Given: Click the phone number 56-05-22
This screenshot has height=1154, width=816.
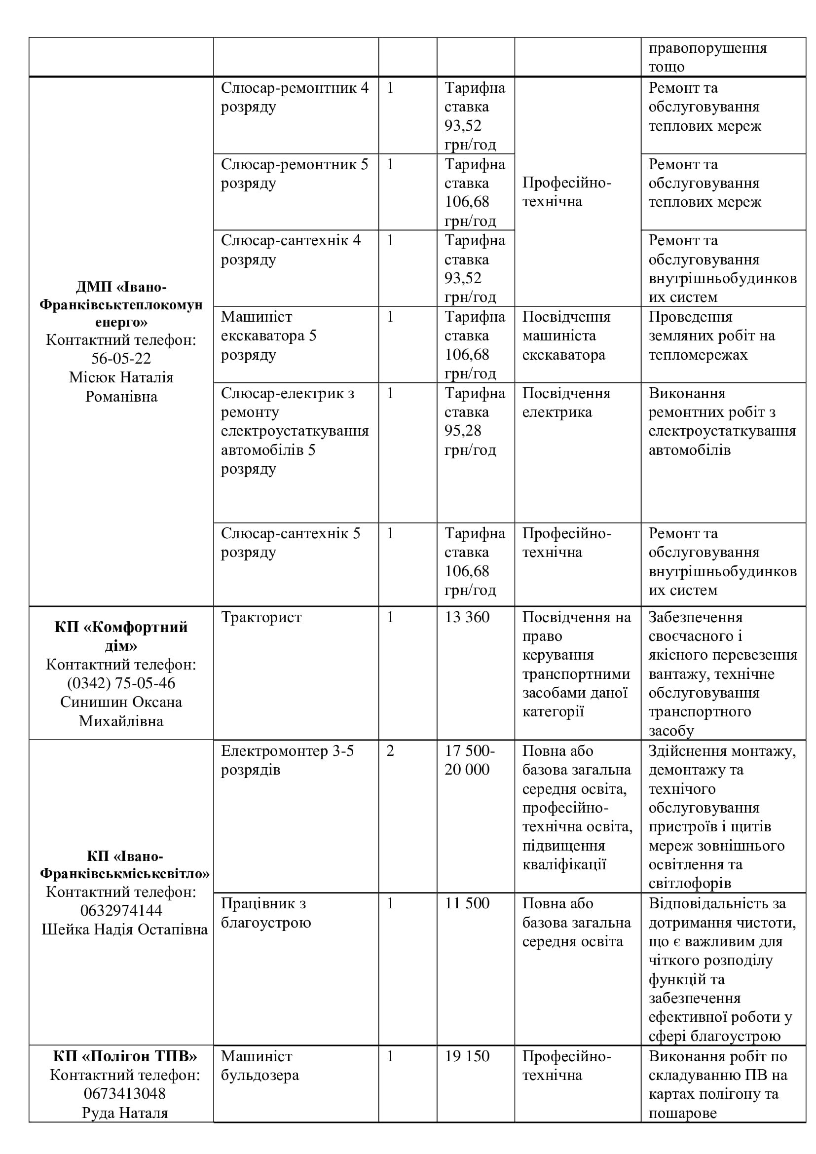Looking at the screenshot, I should click(x=120, y=358).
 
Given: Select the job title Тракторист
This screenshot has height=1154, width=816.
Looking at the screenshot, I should click(x=261, y=617).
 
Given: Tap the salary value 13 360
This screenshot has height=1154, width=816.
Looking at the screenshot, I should click(x=467, y=617).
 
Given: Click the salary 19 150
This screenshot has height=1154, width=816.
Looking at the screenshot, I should click(x=467, y=1056).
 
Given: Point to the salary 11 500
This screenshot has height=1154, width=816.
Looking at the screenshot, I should click(x=467, y=903).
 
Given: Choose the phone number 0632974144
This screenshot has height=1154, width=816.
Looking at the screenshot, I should click(x=121, y=910).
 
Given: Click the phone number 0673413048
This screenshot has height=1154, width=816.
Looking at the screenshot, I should click(x=125, y=1093).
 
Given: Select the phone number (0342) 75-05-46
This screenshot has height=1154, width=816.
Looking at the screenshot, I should click(x=121, y=683).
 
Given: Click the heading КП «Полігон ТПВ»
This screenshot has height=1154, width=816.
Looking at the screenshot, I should click(x=125, y=1056).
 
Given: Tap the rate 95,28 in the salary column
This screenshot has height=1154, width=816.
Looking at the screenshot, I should click(x=463, y=431).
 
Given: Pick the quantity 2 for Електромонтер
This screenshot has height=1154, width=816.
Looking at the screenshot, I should click(x=390, y=751).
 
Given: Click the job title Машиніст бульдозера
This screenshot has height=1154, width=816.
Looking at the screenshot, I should click(x=260, y=1066).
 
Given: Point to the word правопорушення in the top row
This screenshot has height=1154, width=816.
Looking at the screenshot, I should click(x=707, y=48).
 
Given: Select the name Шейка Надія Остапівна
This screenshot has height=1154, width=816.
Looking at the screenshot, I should click(x=125, y=930).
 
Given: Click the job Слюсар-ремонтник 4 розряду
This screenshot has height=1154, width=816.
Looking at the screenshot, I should click(x=295, y=97).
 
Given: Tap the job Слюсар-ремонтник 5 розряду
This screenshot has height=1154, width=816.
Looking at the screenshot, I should click(x=295, y=173).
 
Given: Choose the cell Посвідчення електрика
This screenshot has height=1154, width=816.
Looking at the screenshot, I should click(x=566, y=403).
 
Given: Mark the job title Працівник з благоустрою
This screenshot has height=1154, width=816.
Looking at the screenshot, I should click(x=266, y=913).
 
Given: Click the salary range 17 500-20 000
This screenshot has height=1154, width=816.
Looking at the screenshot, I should click(x=469, y=760).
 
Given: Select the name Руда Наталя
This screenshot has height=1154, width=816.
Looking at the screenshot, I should click(x=125, y=1113).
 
